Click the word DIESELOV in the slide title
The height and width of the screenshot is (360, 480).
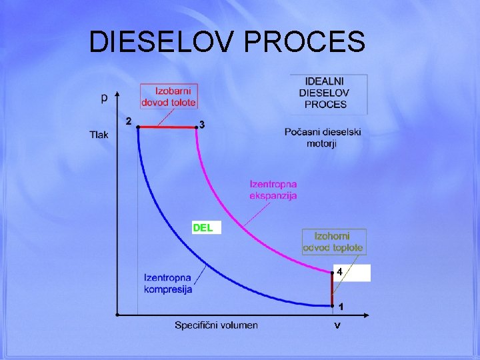pyautogui.click(x=163, y=41)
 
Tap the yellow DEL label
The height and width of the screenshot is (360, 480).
pyautogui.click(x=203, y=227)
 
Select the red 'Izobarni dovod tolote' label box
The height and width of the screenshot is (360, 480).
pyautogui.click(x=169, y=96)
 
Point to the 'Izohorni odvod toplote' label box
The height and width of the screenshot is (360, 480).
pyautogui.click(x=333, y=241)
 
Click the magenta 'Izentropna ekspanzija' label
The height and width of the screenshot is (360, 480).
pyautogui.click(x=273, y=189)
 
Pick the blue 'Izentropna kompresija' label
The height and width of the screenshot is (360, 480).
pyautogui.click(x=168, y=283)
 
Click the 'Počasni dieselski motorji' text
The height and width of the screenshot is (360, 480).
pyautogui.click(x=323, y=137)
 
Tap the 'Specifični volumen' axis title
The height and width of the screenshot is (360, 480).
pyautogui.click(x=216, y=325)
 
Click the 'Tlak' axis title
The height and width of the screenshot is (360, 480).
pyautogui.click(x=99, y=135)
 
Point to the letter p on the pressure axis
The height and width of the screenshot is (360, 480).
pyautogui.click(x=104, y=97)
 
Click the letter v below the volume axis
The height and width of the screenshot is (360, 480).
pyautogui.click(x=338, y=325)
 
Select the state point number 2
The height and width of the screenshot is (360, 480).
pyautogui.click(x=128, y=121)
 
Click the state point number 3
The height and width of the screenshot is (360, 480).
pyautogui.click(x=203, y=125)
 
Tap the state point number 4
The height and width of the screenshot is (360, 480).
pyautogui.click(x=339, y=272)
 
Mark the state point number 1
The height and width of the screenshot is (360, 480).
pyautogui.click(x=341, y=307)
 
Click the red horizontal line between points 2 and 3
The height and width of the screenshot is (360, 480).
pyautogui.click(x=167, y=126)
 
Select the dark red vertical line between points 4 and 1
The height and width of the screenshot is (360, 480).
pyautogui.click(x=332, y=289)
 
